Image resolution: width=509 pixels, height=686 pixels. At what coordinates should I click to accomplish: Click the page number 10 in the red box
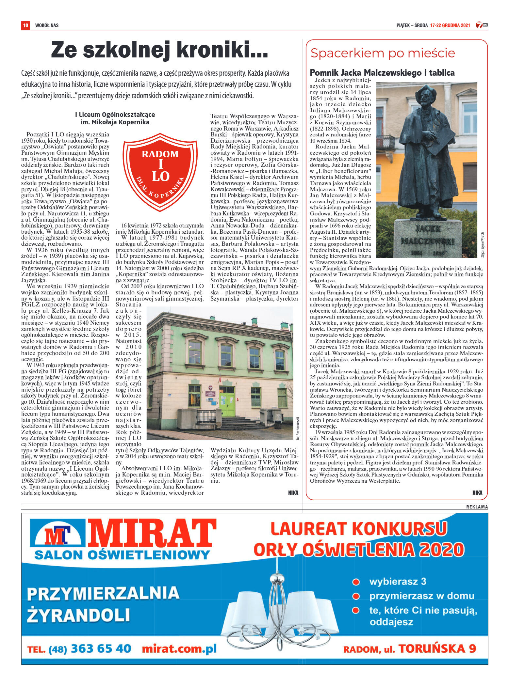pyautogui.click(x=25, y=25)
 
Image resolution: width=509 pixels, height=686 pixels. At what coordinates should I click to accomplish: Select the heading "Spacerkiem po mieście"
pyautogui.click(x=383, y=53)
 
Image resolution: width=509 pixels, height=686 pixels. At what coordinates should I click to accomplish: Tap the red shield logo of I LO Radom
pyautogui.click(x=160, y=171)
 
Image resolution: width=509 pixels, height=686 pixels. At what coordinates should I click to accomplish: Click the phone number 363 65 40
pyautogui.click(x=101, y=648)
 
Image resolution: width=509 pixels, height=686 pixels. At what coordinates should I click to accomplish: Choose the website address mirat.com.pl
pyautogui.click(x=179, y=648)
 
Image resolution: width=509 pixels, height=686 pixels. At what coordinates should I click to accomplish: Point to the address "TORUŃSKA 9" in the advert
pyautogui.click(x=437, y=648)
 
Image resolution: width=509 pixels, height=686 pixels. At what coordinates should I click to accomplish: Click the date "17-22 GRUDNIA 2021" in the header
pyautogui.click(x=450, y=25)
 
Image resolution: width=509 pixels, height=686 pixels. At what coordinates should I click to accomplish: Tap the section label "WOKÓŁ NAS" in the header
pyautogui.click(x=47, y=25)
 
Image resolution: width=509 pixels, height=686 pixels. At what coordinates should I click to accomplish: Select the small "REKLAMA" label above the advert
pyautogui.click(x=477, y=507)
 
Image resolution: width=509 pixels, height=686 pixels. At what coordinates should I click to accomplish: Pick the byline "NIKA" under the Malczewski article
pyautogui.click(x=477, y=493)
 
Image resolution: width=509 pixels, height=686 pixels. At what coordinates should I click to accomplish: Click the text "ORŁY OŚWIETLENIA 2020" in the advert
pyautogui.click(x=359, y=550)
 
